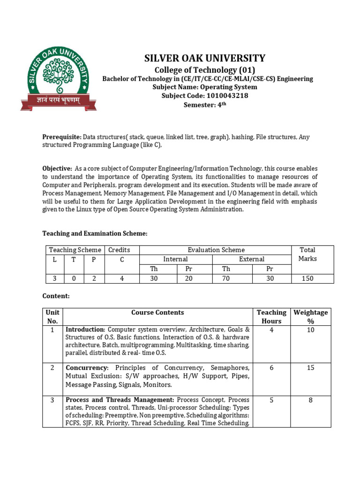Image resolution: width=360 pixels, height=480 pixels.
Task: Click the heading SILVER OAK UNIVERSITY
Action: click(x=204, y=58)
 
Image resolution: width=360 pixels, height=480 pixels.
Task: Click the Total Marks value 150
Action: click(x=307, y=278)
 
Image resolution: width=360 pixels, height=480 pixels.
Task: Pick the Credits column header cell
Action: click(x=119, y=250)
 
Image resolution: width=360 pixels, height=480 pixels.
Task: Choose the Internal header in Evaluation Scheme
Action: click(x=175, y=259)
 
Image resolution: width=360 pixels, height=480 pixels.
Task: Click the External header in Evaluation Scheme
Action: click(x=252, y=259)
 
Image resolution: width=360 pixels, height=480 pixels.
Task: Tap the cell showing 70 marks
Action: click(x=226, y=278)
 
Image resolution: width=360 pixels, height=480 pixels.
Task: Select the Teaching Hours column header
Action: click(x=271, y=316)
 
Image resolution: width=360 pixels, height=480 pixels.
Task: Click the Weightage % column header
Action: click(x=310, y=316)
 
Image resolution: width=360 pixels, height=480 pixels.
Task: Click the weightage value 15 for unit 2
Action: click(x=310, y=367)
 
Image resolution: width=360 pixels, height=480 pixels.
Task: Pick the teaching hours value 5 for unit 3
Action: click(x=271, y=400)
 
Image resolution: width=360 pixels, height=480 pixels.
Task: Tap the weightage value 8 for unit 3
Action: click(x=310, y=400)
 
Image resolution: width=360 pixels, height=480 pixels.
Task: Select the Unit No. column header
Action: click(x=52, y=316)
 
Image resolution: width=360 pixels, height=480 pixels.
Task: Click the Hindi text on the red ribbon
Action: click(x=59, y=100)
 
